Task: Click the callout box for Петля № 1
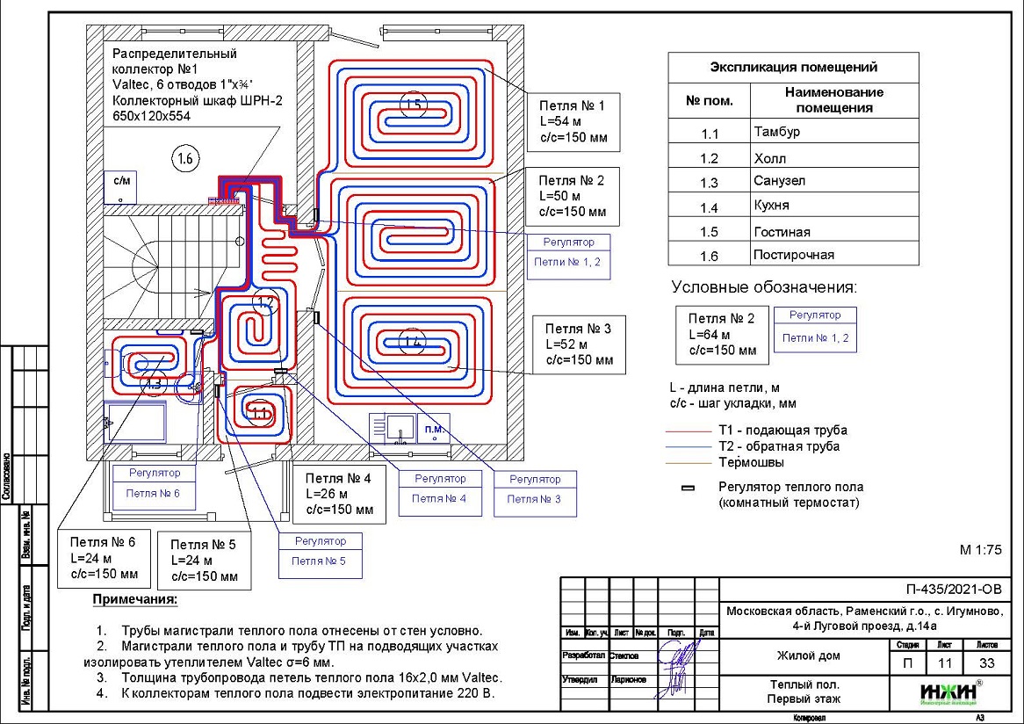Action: [x=573, y=122]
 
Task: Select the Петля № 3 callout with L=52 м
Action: [x=579, y=344]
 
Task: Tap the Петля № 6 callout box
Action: [x=104, y=558]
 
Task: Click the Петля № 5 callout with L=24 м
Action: [x=205, y=561]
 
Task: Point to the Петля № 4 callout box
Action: [x=338, y=494]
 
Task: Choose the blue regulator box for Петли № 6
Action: [x=153, y=484]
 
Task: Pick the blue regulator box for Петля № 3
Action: [x=535, y=490]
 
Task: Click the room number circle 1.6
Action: [x=185, y=159]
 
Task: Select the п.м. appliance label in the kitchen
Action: [x=434, y=429]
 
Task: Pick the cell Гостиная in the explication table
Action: [x=834, y=232]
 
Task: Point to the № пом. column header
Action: [x=709, y=100]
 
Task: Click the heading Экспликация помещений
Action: [x=793, y=67]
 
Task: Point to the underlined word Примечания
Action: [x=134, y=600]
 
